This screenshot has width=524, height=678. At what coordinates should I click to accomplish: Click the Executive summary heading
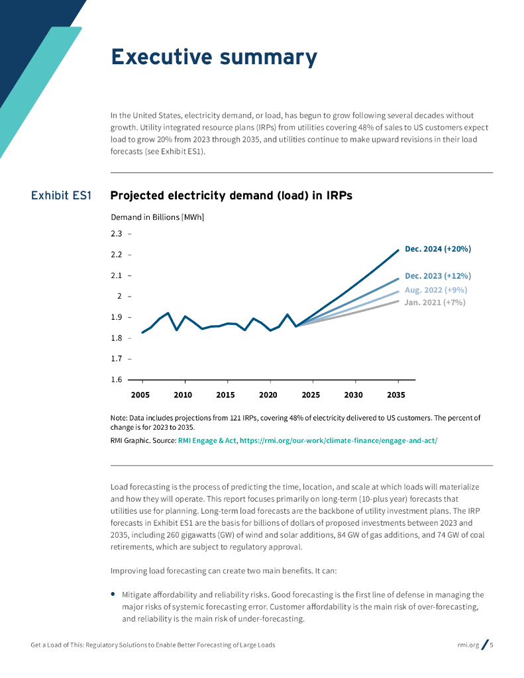pos(213,58)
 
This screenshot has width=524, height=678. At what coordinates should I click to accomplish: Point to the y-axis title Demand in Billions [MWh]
pos(157,217)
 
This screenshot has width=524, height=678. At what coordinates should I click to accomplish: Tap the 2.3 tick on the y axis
pos(117,234)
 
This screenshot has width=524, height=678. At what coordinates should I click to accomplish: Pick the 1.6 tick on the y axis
pos(117,380)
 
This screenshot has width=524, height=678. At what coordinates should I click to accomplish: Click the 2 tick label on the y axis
pos(120,296)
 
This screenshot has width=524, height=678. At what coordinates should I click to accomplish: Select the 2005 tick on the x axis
pos(140,395)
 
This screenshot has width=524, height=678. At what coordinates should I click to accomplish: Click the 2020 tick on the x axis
pos(268,395)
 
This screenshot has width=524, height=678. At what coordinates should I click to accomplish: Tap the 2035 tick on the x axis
pos(396,395)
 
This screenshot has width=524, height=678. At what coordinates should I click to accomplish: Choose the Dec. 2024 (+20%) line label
pos(437,249)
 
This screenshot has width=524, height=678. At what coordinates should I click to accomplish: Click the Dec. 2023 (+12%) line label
pos(437,276)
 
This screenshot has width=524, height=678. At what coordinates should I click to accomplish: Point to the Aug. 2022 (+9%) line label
pos(435,290)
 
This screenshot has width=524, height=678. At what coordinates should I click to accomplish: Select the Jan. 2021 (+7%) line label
pos(435,303)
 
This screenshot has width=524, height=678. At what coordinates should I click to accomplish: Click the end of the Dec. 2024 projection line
pos(398,250)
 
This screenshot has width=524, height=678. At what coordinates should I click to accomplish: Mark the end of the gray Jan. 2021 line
pos(398,301)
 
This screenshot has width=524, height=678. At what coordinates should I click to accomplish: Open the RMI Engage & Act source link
pos(207,440)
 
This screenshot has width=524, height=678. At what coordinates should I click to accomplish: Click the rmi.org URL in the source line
pos(338,440)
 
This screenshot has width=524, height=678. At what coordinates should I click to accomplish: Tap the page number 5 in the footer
pos(492,645)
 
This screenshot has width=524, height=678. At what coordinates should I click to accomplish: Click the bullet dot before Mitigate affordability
pos(113,594)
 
